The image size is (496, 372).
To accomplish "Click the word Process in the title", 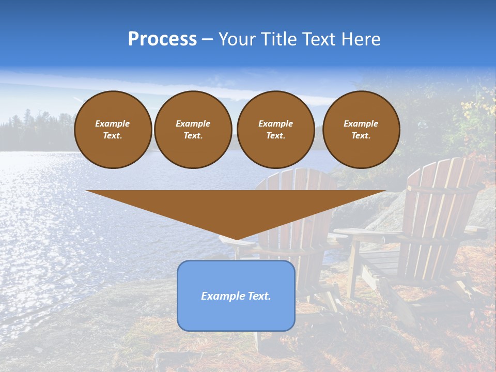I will (162, 39).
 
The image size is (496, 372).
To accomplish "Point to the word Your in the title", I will (237, 39).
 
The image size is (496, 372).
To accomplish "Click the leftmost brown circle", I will (113, 130).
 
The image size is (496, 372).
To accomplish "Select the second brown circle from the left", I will (193, 130).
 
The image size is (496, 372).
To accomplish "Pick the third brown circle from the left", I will (275, 130).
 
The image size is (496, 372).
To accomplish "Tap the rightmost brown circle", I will (361, 130).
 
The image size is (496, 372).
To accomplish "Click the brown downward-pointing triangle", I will (236, 207).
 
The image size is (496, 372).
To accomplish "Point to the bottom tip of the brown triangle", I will (236, 239).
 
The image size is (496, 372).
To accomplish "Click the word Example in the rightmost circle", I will (361, 123).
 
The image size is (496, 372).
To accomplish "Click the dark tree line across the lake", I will (31, 132).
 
